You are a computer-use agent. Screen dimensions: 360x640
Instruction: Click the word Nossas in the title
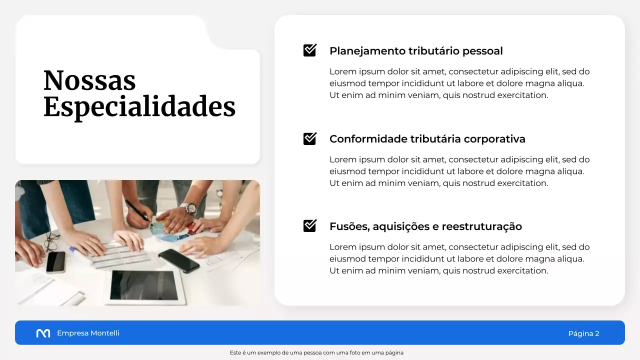click(89, 80)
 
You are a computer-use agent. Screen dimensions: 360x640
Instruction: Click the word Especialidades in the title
click(139, 106)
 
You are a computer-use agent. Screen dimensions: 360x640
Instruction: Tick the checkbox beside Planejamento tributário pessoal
click(310, 50)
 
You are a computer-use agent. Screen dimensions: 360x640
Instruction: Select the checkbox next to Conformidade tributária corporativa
click(310, 138)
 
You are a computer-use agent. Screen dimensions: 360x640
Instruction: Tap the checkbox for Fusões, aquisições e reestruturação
click(310, 226)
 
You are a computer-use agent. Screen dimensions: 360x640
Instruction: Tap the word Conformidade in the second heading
click(368, 139)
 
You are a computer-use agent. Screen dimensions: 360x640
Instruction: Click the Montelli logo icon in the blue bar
click(43, 333)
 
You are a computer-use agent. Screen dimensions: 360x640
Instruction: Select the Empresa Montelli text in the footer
click(88, 333)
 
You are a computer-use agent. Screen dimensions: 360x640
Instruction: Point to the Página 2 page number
click(583, 333)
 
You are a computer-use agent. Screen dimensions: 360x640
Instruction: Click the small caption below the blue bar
click(316, 352)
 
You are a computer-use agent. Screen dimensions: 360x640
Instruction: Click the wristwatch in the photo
click(189, 208)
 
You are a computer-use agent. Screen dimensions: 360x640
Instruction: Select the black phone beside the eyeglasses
click(55, 261)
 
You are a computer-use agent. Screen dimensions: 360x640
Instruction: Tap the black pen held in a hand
click(136, 209)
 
